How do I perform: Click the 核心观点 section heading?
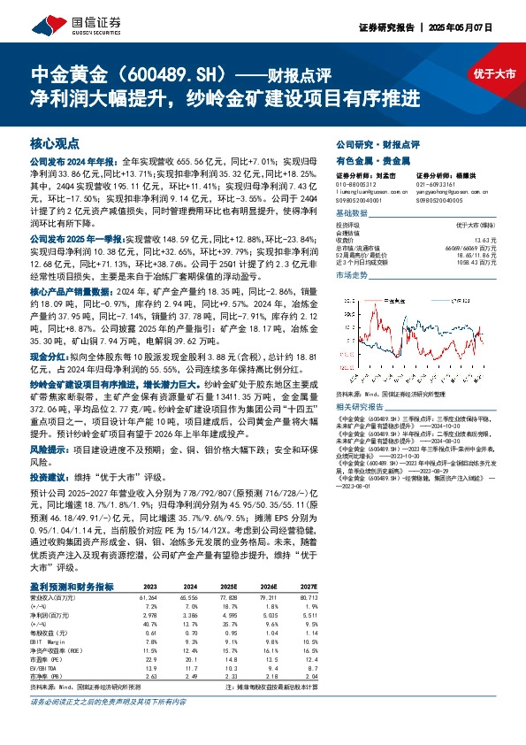point(55,142)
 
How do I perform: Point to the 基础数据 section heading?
point(352,213)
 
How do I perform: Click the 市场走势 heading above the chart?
point(352,277)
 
